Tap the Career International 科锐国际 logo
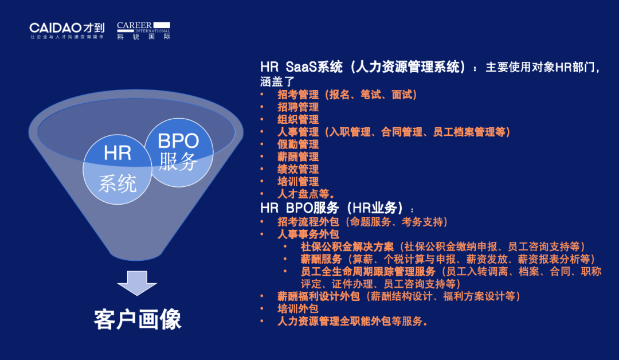(144, 31)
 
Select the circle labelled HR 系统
(117, 169)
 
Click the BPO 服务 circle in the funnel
(179, 152)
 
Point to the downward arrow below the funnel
(137, 283)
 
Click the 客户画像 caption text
(138, 319)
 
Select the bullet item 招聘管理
(297, 107)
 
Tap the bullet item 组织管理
(297, 119)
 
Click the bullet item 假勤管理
(297, 144)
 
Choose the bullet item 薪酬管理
(297, 156)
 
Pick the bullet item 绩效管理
(297, 169)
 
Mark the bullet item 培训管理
(297, 182)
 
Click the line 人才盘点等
(306, 194)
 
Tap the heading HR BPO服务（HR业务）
(332, 208)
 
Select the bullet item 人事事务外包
(308, 234)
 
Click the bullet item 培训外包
(297, 308)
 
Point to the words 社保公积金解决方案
(347, 246)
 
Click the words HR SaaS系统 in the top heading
(301, 66)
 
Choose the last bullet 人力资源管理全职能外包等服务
(352, 321)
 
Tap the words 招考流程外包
(308, 222)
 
